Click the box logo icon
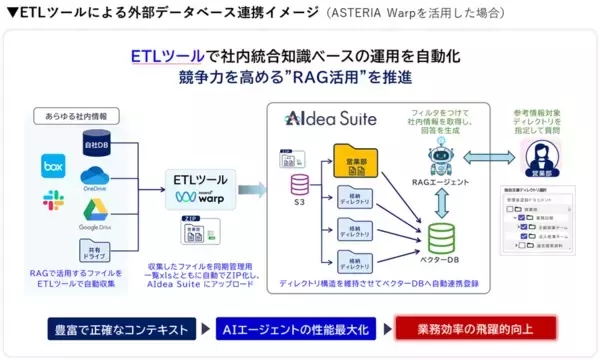[x=53, y=163]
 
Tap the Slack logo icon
[x=53, y=200]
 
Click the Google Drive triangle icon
[x=94, y=213]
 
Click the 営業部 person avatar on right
[x=540, y=155]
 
